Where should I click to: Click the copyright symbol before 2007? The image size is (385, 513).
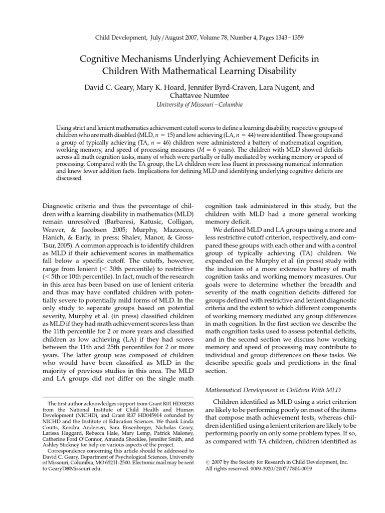pos(208,449)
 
